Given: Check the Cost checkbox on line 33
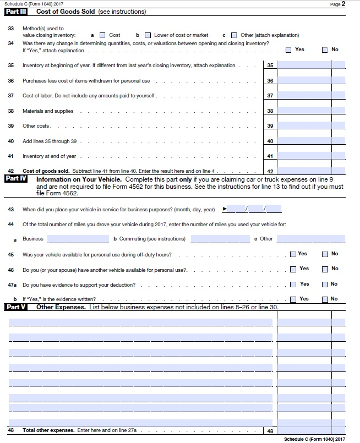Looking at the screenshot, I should (x=102, y=35).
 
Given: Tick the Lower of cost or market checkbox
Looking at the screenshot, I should (x=147, y=35).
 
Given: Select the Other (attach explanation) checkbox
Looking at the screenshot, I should (x=234, y=35).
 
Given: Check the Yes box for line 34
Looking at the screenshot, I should (x=289, y=50).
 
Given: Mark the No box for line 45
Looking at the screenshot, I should (x=325, y=254).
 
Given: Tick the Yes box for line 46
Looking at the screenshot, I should (x=292, y=269).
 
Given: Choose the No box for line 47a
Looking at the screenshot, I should (x=325, y=284).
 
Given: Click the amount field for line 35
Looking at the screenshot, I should (x=303, y=65).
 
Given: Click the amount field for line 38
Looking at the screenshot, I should (x=303, y=111).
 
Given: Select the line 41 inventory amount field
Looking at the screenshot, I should (x=303, y=156).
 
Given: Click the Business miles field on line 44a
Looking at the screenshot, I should (x=78, y=239).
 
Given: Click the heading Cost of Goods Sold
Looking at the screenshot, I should (x=66, y=12).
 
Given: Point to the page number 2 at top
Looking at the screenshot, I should (x=343, y=4).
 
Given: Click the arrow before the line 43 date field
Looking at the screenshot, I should (x=224, y=209).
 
